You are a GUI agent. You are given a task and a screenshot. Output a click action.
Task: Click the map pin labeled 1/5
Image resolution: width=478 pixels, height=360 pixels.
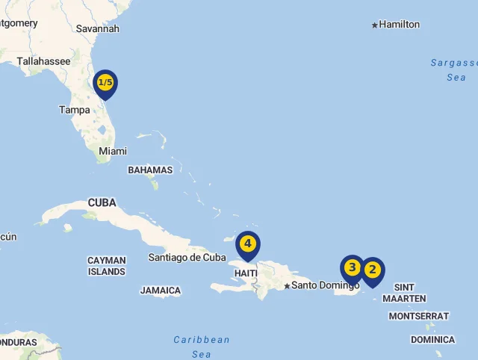105,83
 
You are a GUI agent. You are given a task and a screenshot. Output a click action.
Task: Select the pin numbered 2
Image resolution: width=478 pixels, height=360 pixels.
372,270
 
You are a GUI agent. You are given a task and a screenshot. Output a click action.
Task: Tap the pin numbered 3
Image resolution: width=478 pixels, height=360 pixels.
352,267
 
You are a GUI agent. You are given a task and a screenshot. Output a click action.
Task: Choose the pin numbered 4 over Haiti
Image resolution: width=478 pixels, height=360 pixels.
248,244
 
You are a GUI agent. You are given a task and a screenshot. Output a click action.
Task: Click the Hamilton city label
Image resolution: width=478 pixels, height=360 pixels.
400,25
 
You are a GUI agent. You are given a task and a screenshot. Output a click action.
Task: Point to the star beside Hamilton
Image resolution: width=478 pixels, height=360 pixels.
375,25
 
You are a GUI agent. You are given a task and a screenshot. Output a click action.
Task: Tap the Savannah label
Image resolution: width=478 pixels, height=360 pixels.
98,29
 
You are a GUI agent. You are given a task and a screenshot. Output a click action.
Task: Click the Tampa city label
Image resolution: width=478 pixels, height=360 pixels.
75,110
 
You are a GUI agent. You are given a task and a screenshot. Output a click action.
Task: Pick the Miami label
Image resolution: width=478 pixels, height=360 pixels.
113,151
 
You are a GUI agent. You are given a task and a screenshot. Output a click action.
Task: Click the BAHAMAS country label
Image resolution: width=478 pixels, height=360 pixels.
150,170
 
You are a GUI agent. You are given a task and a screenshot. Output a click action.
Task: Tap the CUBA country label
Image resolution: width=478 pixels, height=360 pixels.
102,202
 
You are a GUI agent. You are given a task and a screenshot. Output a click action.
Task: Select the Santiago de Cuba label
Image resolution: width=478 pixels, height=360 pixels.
187,258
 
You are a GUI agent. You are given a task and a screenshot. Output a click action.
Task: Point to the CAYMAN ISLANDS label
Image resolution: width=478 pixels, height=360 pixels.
107,266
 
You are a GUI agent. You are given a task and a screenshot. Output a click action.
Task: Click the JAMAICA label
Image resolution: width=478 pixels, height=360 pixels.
161,291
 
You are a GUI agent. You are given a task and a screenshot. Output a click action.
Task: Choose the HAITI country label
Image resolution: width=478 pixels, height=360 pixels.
246,273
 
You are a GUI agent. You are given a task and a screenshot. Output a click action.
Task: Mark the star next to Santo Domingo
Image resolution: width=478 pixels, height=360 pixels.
287,286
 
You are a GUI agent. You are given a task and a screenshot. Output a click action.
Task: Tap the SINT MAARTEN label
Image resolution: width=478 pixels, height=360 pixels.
404,293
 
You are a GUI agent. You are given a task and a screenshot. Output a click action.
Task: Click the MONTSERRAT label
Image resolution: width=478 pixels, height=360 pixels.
419,316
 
